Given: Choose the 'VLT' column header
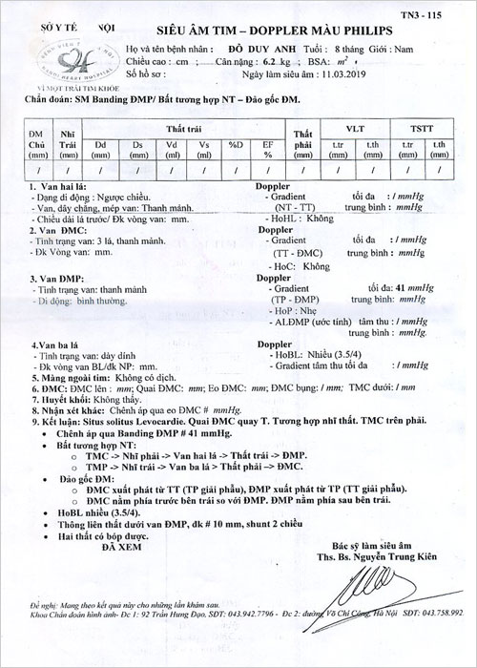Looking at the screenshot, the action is click(356, 127).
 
